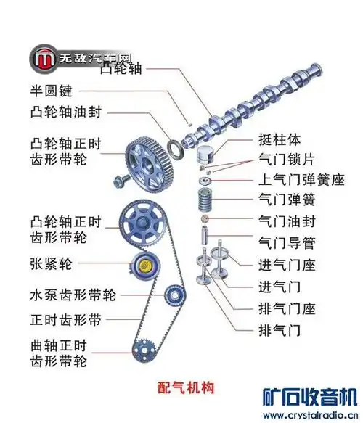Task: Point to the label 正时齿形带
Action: (65, 319)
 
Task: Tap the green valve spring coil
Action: (207, 199)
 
